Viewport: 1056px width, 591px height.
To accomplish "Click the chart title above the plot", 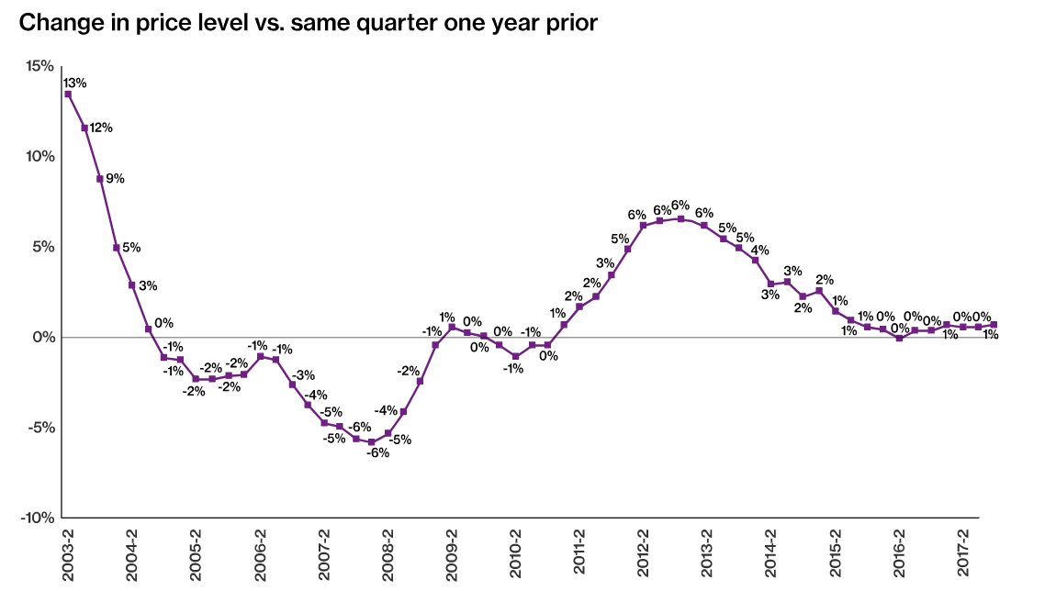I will coord(309,23).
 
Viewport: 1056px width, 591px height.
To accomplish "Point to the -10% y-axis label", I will coord(39,518).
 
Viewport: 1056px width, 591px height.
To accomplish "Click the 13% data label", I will coord(74,83).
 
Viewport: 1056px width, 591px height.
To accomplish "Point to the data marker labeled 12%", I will coord(84,128).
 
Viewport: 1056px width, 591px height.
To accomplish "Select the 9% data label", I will coord(115,178).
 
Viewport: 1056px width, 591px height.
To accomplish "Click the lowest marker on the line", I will coord(372,442).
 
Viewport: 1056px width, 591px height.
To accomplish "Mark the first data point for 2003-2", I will coord(68,94).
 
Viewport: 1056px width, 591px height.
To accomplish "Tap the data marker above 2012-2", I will coord(644,225).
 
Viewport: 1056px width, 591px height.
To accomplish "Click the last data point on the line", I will coord(994,324).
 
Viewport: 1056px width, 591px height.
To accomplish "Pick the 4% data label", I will coord(759,250).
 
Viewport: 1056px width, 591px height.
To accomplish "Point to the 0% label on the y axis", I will coord(44,338).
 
